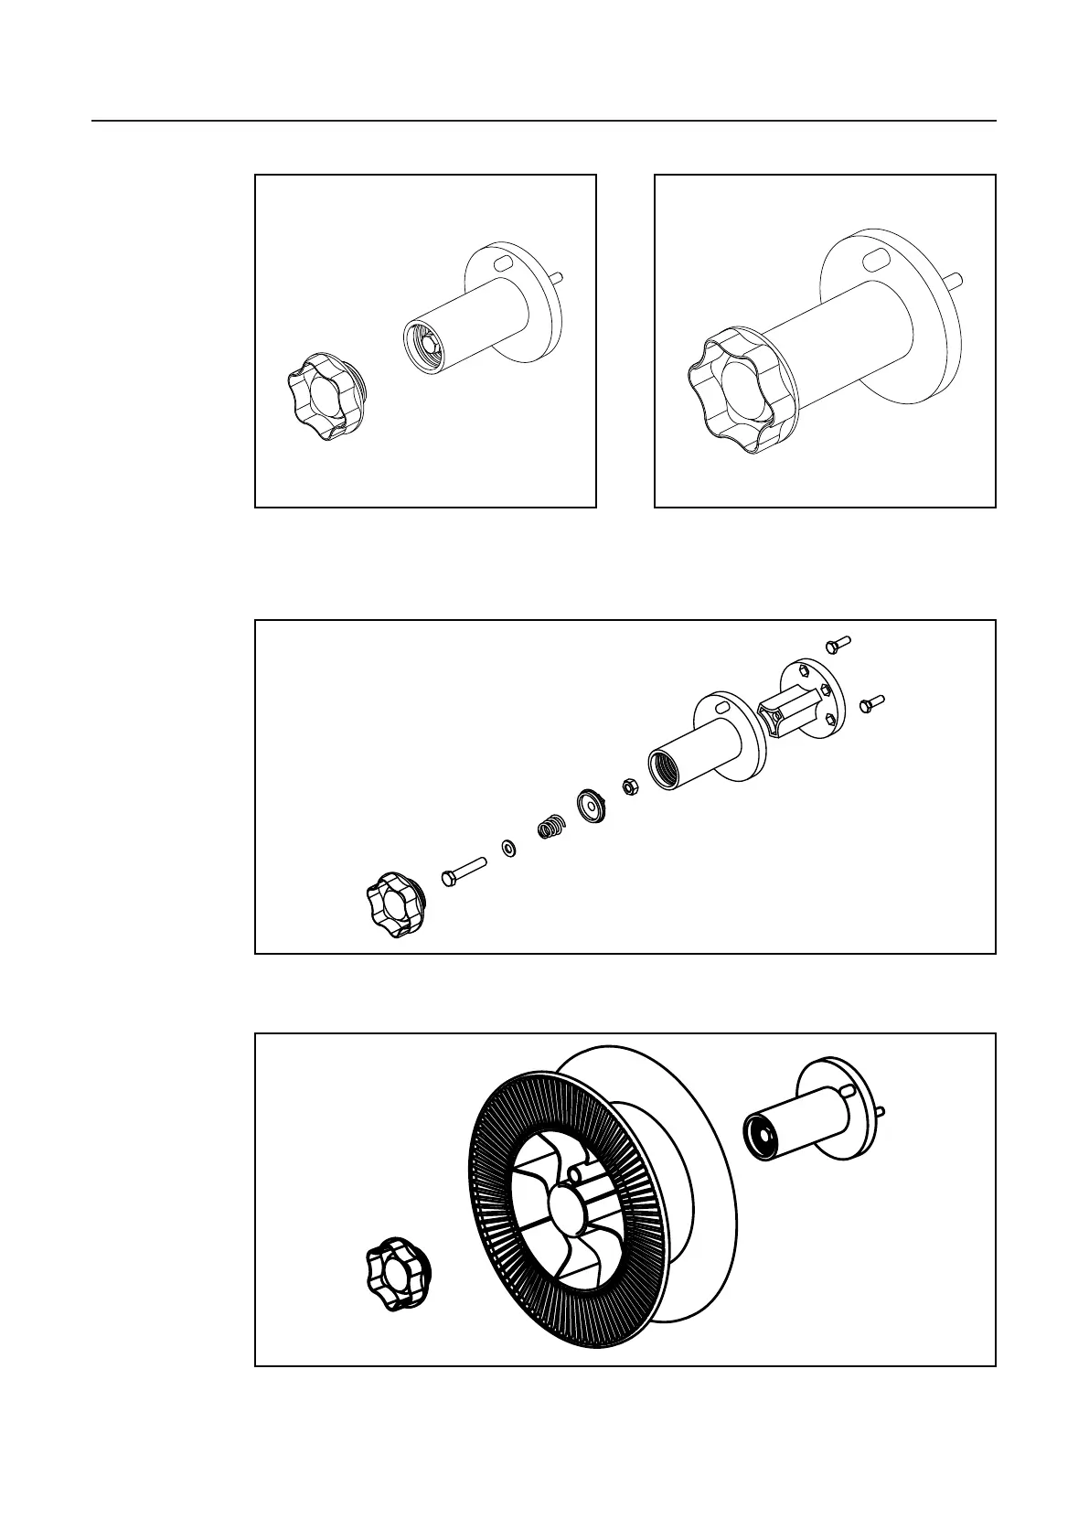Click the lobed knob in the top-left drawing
326,396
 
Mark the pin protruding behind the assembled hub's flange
956,279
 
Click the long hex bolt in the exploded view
464,869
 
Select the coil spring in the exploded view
551,827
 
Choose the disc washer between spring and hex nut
592,803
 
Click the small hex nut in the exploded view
630,786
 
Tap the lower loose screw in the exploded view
870,703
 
